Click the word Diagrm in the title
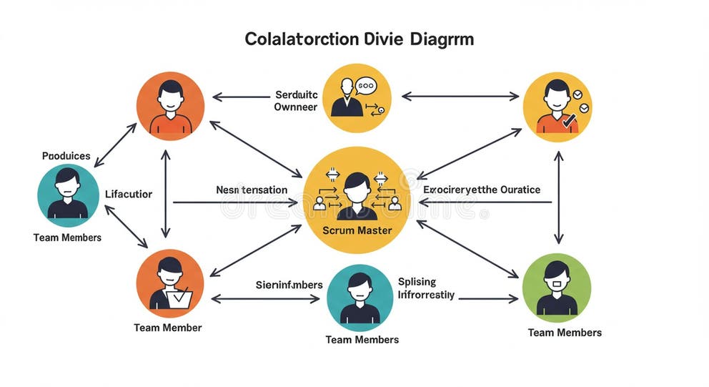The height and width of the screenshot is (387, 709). [x=442, y=39]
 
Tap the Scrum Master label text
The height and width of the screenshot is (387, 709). [x=357, y=230]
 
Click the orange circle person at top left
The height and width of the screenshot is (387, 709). [x=170, y=105]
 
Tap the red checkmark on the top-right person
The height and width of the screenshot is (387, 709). [x=570, y=122]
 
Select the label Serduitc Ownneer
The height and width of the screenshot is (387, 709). [x=295, y=101]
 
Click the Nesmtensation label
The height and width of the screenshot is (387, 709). [x=252, y=190]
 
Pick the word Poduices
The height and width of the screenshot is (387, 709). [x=66, y=155]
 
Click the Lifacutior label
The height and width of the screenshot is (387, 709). [x=129, y=194]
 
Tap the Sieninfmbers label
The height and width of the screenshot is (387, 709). [x=289, y=285]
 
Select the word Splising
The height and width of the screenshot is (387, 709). [x=417, y=282]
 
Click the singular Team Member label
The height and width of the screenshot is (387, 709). [x=168, y=328]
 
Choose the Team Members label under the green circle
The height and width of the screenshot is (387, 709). [x=565, y=333]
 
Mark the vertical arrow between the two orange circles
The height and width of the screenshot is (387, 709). [x=166, y=193]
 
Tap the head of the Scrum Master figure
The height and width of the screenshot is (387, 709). [x=357, y=185]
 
